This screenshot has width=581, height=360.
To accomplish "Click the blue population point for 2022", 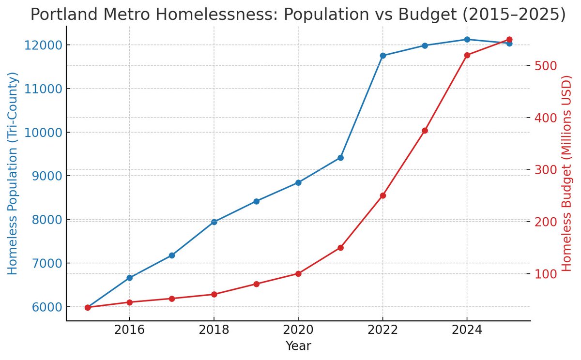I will coord(382,56).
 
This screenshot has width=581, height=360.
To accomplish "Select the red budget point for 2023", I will coord(425,131).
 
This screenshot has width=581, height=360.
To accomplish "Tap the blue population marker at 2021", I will coord(340,158).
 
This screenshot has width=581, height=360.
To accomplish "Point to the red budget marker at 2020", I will coord(298,274).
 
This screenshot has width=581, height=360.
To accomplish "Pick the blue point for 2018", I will coord(214,222).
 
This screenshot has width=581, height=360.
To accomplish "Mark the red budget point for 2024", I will coord(467,55).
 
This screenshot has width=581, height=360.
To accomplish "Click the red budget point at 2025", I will coord(509,40).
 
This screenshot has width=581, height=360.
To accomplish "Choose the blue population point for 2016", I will coord(129,278).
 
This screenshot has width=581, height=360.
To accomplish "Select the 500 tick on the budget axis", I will coord(545,66).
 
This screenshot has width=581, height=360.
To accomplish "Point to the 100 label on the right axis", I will coord(545,274).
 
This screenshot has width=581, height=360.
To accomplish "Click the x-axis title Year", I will coord(298,345).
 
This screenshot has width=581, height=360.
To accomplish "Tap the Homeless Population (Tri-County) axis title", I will coord(13,173).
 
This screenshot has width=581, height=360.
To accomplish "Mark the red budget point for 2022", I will coord(382,195).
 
